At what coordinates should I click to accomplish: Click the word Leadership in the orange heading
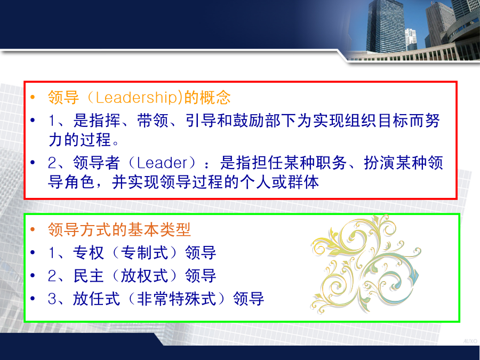tap(137, 98)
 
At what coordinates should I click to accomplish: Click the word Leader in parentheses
tap(162, 163)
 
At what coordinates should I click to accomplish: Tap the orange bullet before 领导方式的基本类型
tap(33, 229)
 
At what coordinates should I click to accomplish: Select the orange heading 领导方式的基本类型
tap(119, 229)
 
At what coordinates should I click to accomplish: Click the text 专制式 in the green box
tap(145, 253)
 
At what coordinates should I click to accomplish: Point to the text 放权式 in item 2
tap(145, 276)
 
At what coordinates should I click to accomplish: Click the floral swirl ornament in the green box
tap(366, 264)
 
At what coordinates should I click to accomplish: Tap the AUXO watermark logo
tap(470, 341)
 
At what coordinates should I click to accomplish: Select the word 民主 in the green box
tap(88, 276)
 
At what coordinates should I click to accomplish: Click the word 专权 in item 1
tap(88, 253)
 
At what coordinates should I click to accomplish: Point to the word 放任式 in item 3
tap(96, 299)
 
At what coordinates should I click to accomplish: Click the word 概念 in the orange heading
tap(215, 98)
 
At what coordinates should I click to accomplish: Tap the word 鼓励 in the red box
tap(249, 121)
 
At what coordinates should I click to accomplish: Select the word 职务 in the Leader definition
tap(331, 163)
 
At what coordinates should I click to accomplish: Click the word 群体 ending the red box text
tap(303, 182)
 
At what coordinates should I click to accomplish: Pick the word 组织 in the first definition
tap(361, 121)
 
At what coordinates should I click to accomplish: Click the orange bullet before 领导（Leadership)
tap(33, 98)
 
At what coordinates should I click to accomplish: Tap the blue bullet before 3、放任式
tap(33, 299)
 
